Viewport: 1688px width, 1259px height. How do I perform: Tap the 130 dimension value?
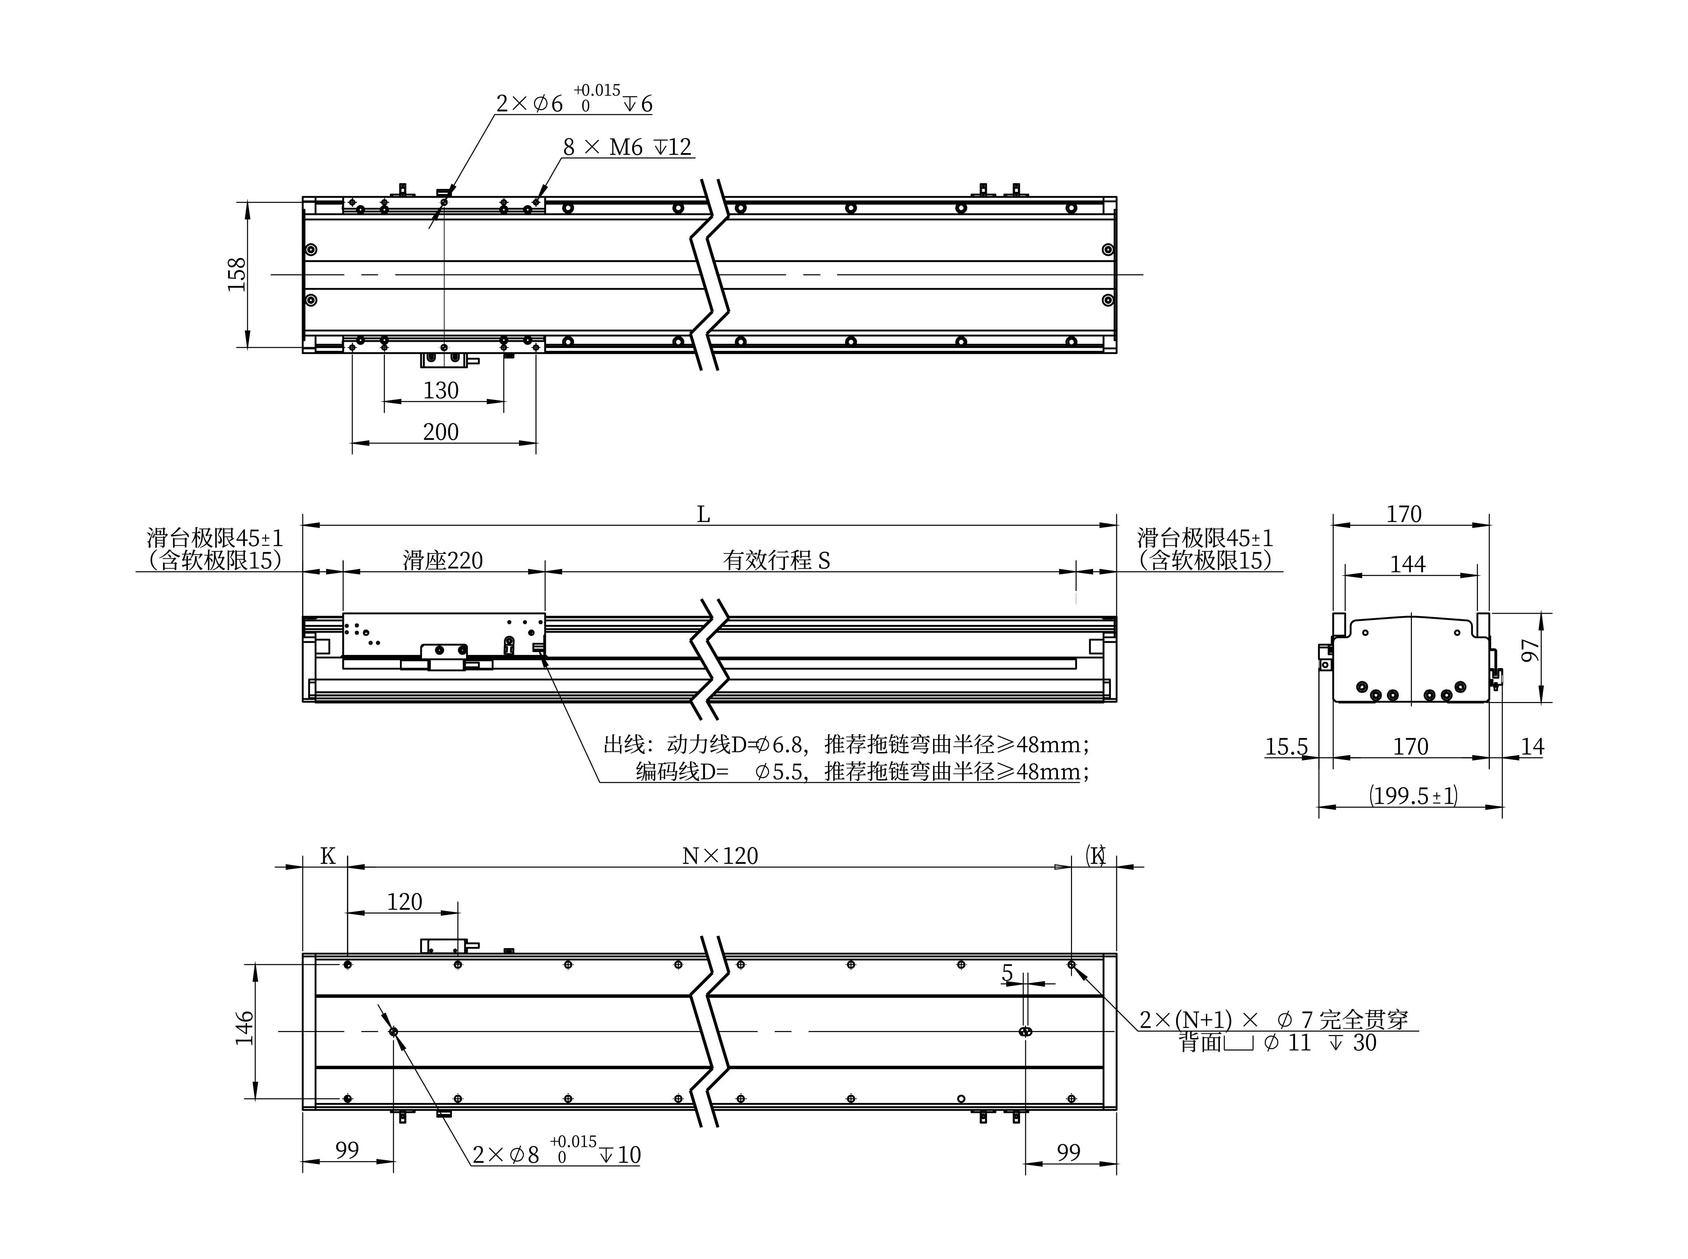pyautogui.click(x=441, y=390)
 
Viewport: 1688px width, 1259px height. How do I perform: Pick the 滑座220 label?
pyautogui.click(x=443, y=561)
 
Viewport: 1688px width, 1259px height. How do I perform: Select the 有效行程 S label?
pyautogui.click(x=776, y=561)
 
